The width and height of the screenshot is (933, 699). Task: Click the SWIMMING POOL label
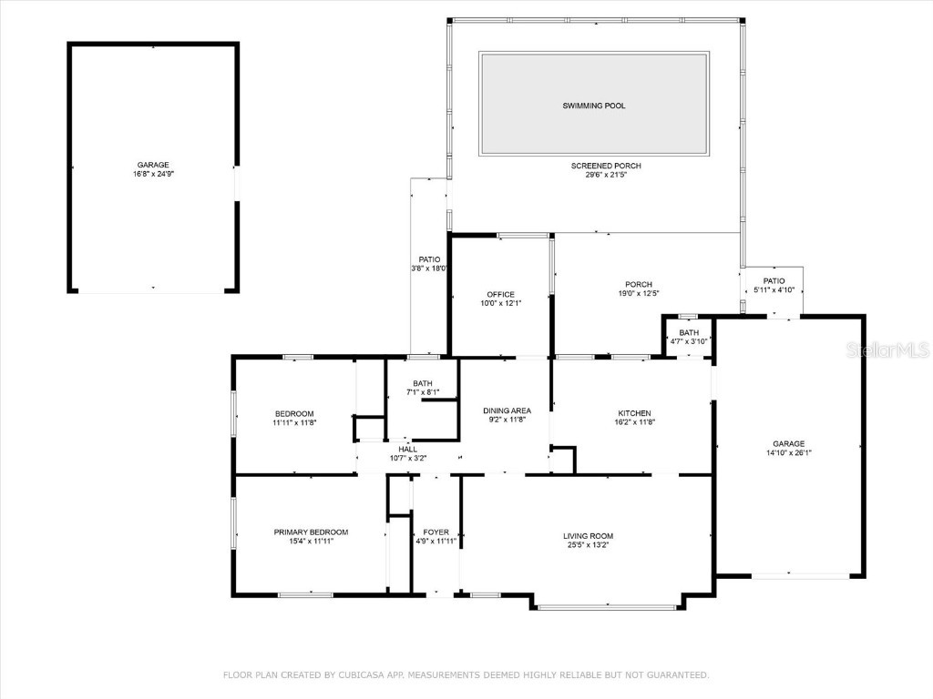593,106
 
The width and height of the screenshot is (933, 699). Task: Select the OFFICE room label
500,294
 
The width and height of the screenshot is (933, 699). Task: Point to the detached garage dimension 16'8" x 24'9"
152,174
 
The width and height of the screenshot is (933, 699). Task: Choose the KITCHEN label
634,413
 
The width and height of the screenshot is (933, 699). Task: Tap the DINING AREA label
507,410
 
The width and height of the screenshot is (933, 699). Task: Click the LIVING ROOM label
588,536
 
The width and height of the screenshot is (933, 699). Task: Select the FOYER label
435,532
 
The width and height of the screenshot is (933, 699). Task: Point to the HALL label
407,449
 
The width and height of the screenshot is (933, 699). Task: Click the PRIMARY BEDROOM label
311,532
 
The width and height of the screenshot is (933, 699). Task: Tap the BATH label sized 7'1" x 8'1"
423,383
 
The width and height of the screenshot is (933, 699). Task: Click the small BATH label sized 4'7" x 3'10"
689,333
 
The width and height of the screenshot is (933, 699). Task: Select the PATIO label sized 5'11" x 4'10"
774,281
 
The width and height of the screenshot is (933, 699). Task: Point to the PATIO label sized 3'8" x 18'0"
429,259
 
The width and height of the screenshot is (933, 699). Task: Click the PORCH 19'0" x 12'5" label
638,284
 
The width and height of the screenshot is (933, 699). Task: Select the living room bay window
607,606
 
